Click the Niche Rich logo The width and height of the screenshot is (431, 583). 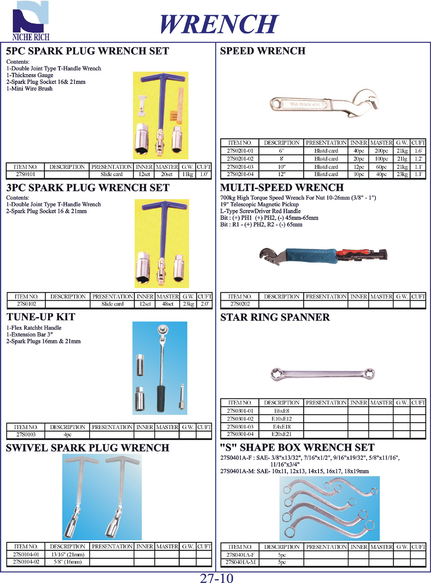31,22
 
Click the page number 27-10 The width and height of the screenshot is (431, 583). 216,577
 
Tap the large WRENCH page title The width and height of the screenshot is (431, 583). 219,24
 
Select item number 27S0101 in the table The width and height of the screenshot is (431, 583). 25,174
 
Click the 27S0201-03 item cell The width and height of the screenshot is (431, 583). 240,167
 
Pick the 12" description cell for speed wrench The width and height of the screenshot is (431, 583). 281,174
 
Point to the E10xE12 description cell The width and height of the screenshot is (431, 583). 281,419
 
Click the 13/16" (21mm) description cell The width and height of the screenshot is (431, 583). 68,555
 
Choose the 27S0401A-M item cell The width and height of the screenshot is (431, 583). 240,562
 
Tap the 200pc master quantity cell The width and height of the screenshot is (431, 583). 381,151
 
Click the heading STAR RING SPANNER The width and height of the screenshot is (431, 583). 275,318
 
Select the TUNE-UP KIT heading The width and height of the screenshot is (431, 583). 41,317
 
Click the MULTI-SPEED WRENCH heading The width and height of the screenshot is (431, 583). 282,188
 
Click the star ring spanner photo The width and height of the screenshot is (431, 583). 322,374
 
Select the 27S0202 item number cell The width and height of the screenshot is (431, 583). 240,304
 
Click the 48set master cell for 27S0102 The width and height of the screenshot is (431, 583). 167,304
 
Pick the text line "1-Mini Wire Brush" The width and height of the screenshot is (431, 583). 29,89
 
